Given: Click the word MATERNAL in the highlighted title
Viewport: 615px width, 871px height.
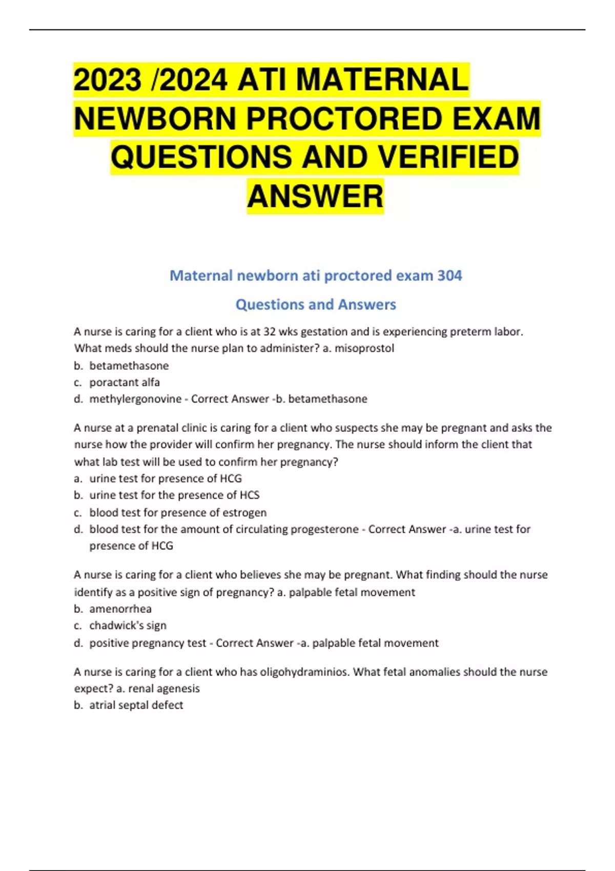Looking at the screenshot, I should point(382,80).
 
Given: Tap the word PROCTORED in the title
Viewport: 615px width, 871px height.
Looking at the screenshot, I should point(344,119).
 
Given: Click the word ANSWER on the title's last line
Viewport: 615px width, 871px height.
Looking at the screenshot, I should point(315,196).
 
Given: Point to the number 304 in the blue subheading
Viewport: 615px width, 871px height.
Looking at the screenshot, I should point(449,276).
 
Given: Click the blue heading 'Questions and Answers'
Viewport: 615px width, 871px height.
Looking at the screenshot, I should point(316,304).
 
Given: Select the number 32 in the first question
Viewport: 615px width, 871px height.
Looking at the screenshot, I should point(270,331).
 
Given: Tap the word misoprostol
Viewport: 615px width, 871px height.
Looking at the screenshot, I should point(364,348).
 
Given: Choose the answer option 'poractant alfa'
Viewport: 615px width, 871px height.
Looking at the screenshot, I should point(125,382).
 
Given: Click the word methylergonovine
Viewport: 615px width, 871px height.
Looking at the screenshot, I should point(135,399).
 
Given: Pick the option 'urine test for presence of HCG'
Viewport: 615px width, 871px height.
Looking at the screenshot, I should point(166,479).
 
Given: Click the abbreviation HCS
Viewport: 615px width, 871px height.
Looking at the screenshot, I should point(250,495).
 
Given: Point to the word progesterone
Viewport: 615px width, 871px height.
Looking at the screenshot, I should point(324,529).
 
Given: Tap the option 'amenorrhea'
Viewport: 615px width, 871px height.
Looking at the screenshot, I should point(120,609).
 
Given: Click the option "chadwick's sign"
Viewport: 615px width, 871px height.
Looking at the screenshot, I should point(128,626).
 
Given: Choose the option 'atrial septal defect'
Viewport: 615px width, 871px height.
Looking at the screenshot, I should point(136,705).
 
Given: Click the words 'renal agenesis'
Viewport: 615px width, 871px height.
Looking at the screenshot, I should point(164,689).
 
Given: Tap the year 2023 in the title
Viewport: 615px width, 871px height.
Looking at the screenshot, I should point(108,80).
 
